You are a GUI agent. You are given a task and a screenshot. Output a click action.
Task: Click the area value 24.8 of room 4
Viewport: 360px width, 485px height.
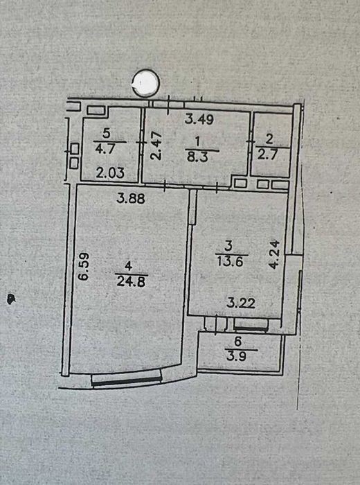[x=132, y=282]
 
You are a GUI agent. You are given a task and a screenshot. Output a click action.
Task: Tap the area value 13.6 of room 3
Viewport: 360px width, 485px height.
[x=231, y=261]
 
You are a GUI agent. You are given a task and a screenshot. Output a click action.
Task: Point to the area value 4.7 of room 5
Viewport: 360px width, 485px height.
[x=105, y=149]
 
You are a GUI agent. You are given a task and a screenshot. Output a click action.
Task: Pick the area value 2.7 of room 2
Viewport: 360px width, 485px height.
[x=268, y=154]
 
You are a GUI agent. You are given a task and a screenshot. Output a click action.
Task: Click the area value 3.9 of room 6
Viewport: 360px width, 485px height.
[x=237, y=357]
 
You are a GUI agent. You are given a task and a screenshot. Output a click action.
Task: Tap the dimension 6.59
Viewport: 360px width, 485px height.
[x=84, y=267]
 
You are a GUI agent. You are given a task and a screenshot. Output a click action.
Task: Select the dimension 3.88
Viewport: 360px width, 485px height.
[x=131, y=198]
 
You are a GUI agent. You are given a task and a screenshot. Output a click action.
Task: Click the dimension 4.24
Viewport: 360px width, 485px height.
[x=274, y=254]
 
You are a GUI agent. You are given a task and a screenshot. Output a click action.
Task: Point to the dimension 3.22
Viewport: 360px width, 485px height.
[x=241, y=303]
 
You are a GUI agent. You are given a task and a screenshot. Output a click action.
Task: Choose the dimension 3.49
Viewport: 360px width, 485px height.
[x=199, y=119]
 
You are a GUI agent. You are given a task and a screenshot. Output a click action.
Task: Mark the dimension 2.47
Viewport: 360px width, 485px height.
[x=156, y=145]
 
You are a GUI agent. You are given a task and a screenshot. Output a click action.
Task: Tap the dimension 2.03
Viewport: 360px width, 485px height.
[x=110, y=173]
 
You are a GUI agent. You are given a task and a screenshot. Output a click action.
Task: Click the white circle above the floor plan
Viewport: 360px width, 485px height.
[x=145, y=82]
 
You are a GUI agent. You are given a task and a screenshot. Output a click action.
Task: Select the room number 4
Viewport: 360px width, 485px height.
[x=129, y=266]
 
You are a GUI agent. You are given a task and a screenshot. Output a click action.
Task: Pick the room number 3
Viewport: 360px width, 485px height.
[x=228, y=246]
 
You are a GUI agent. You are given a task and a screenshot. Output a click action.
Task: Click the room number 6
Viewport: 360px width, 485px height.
[x=237, y=342]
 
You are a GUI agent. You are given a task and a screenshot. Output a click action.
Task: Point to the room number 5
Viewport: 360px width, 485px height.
[x=106, y=134]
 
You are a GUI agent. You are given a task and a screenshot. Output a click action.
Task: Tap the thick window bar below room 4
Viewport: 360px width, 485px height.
[x=127, y=381]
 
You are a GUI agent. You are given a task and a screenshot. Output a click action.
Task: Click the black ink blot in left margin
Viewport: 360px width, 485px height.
[x=11, y=299]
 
